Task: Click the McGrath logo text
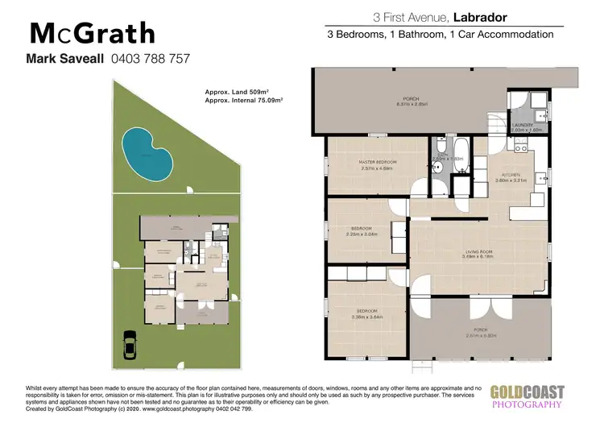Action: tap(92, 33)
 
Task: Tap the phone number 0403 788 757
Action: tap(150, 58)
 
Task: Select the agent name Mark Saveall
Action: tap(64, 58)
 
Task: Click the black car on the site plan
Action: tap(130, 346)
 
